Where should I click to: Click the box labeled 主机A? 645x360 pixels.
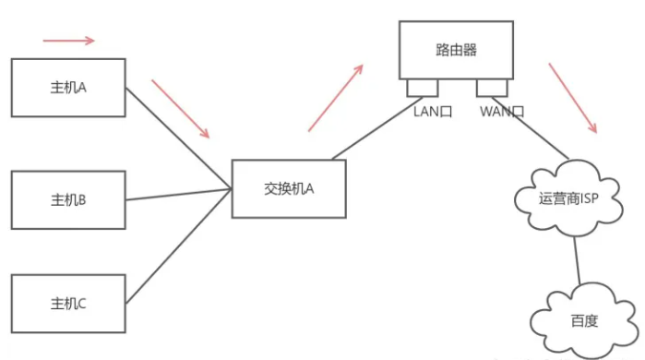point(68,88)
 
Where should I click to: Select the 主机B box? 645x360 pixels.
point(68,199)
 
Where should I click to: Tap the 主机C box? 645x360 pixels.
point(68,302)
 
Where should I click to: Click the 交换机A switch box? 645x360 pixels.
point(289,189)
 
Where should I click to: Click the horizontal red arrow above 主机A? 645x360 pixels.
point(68,41)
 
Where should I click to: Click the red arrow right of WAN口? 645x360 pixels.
point(573,97)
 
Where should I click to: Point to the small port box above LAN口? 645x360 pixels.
point(423,88)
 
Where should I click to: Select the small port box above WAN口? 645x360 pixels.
point(492,88)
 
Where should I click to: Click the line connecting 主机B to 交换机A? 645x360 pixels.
point(178,195)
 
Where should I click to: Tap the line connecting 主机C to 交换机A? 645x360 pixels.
point(178,246)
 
